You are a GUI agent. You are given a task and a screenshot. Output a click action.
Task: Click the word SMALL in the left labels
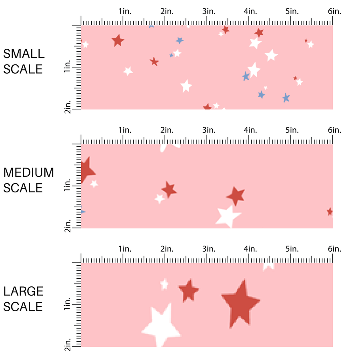point(24,54)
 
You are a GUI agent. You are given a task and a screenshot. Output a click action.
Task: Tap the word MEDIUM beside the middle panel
point(29,172)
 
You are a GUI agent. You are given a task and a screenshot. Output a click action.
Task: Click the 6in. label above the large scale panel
point(334,249)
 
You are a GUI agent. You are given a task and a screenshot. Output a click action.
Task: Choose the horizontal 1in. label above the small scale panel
point(125,12)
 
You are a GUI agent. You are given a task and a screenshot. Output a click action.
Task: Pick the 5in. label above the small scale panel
point(292,12)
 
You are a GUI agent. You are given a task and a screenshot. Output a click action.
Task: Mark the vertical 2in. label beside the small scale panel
point(68,108)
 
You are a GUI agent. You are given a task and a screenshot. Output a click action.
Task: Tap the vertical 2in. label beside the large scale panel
point(68,345)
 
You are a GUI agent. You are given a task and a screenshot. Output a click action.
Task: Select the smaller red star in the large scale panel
point(188,290)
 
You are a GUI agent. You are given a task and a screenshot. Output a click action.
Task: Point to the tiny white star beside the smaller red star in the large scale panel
point(164,284)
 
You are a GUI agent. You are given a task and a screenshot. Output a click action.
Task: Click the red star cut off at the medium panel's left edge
point(86,170)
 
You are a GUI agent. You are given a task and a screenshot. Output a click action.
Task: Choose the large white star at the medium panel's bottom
point(228,216)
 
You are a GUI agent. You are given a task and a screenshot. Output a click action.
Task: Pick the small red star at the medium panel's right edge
point(330,211)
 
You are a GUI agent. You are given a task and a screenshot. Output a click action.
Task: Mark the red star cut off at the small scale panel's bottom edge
point(207,107)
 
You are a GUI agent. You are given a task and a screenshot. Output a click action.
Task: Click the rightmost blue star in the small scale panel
point(286,98)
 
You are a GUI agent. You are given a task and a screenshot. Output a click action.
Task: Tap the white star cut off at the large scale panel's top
point(268,266)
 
